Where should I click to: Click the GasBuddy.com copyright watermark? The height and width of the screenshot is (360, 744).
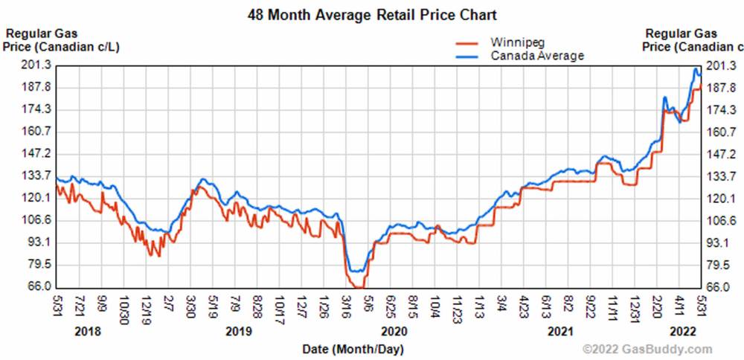[647, 349]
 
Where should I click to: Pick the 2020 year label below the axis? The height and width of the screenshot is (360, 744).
[394, 331]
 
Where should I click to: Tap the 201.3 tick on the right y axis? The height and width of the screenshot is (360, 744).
[720, 65]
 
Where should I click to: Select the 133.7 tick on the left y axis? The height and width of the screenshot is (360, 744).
[37, 176]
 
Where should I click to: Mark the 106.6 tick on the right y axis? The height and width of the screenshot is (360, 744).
[720, 220]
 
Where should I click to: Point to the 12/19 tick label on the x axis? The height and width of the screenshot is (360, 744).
[147, 307]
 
